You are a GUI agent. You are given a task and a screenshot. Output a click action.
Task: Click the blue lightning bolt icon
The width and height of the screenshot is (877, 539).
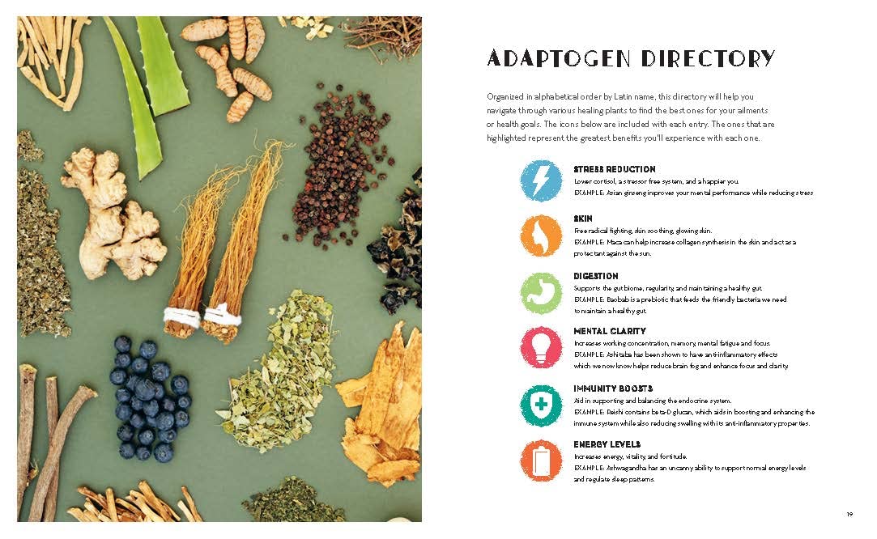point(541,180)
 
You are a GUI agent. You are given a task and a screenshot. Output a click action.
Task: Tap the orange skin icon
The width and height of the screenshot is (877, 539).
point(541,236)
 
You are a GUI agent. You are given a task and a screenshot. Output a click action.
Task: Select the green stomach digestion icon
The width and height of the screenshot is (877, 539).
point(541,292)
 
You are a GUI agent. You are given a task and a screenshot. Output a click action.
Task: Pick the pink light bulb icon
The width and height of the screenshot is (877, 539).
point(541,347)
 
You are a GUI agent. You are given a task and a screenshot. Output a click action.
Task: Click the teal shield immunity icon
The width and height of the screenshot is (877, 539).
point(541,405)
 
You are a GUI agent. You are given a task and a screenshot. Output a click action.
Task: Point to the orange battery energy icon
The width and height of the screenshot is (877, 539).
point(541,460)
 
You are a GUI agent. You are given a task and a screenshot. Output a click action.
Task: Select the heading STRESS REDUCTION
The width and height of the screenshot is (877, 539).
point(614,169)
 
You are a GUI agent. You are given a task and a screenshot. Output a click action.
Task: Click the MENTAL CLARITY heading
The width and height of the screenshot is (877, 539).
point(610,331)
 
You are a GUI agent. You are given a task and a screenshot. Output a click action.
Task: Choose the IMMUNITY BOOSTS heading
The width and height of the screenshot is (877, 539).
point(613,388)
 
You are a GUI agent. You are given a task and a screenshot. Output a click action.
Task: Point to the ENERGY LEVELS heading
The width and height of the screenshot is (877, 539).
point(607,444)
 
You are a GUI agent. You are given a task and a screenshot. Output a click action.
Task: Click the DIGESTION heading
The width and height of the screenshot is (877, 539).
point(596,276)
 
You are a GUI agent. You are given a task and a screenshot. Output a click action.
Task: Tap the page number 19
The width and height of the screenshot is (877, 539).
point(849,515)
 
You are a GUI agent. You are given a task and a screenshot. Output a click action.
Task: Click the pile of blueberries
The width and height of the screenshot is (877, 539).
point(149,397)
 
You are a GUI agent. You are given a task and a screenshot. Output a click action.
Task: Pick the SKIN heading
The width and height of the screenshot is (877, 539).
point(583,219)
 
